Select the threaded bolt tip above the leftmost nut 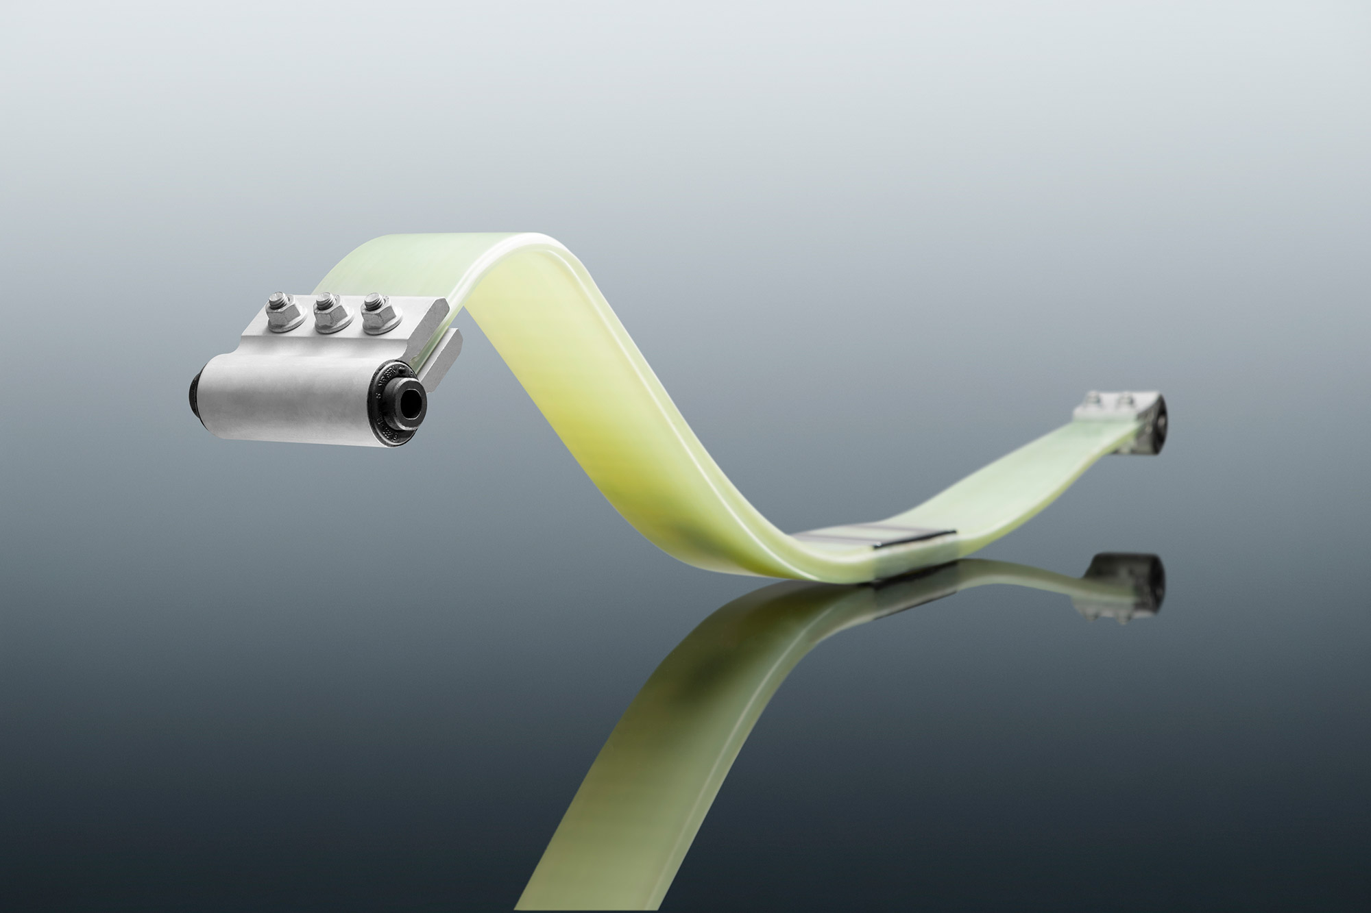click(277, 299)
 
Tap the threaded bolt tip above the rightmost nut click(373, 299)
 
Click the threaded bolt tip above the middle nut click(325, 299)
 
